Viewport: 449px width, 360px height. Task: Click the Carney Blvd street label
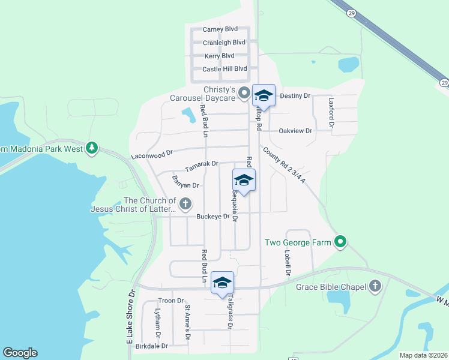(x=220, y=29)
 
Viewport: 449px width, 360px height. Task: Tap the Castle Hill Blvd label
(x=224, y=69)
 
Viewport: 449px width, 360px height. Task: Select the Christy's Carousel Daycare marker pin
(x=244, y=93)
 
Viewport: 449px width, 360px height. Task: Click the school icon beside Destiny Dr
(x=264, y=95)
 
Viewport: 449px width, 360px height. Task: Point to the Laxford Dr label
(x=330, y=112)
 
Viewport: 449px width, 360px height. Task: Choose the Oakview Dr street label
(x=295, y=131)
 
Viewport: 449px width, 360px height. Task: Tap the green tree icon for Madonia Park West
(x=91, y=147)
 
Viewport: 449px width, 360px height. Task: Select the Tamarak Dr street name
(x=201, y=163)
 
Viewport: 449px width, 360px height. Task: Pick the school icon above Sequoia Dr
(x=244, y=180)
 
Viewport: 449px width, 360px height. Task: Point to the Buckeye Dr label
(x=213, y=217)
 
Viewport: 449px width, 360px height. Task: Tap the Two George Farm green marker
(x=340, y=242)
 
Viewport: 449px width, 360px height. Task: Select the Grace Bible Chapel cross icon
(x=375, y=286)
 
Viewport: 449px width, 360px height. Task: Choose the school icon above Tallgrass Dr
(x=222, y=283)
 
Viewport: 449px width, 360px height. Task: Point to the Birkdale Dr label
(x=152, y=346)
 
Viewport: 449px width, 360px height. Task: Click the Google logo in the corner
(x=20, y=353)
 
